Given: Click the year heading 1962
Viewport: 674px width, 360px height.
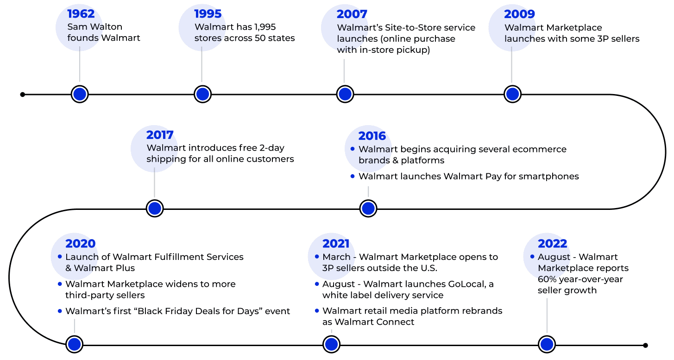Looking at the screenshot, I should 82,14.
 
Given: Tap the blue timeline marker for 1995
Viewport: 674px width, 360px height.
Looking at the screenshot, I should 202,94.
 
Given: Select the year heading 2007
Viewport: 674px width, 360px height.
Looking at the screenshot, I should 352,14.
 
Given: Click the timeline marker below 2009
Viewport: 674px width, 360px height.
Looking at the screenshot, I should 512,94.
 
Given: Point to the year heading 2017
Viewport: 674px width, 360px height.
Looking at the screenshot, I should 160,135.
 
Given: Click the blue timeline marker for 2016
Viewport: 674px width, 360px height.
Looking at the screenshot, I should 368,208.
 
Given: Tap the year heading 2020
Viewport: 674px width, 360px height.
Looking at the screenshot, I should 80,244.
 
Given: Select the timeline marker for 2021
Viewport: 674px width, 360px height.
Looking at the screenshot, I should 331,344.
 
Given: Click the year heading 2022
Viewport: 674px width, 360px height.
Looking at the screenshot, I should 552,244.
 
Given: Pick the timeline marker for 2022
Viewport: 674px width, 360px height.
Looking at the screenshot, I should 547,344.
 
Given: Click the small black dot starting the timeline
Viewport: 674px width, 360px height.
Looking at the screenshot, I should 23,95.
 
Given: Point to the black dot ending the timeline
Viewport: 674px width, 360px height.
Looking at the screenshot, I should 645,345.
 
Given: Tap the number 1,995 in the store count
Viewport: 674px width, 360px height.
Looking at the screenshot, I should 265,27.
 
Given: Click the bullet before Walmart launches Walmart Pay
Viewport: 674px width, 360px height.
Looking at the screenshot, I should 353,176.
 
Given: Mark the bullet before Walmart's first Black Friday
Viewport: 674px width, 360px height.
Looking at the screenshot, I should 59,311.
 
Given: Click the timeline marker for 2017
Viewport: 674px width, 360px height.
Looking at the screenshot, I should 155,208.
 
